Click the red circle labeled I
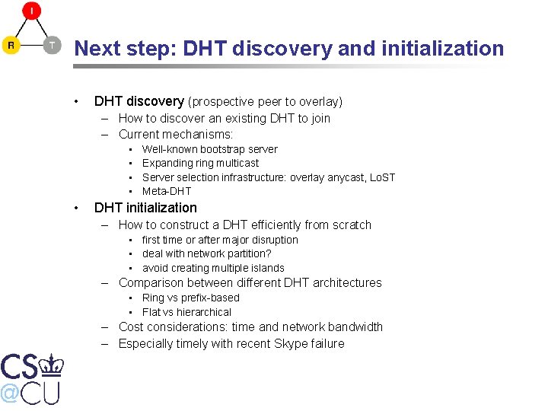coord(31,11)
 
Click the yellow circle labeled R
coord(11,46)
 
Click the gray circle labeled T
coord(51,46)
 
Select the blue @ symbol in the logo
coord(10,393)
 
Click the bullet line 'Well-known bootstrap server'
coord(209,149)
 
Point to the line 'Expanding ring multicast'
coord(200,163)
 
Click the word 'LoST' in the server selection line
coord(382,177)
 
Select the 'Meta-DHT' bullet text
coord(167,191)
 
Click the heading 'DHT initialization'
coord(145,208)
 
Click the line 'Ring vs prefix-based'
coord(190,298)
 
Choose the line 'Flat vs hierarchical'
coord(186,312)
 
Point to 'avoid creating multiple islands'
coord(213,268)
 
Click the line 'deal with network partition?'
coord(206,253)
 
